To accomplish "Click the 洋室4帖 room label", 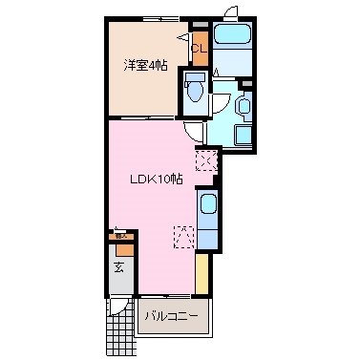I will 145,65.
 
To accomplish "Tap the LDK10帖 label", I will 157,180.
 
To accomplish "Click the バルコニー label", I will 172,315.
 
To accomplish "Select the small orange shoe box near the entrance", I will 121,236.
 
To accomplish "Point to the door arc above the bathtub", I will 228,11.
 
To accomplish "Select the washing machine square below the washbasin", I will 240,134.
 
